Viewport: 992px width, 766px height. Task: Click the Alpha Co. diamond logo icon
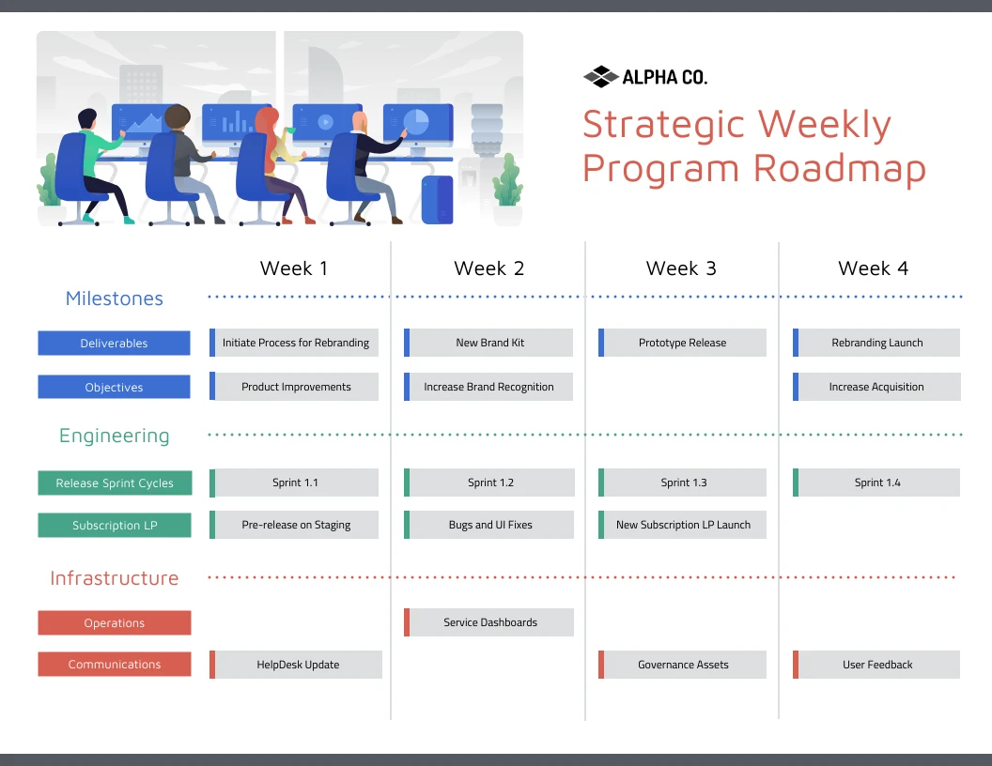[600, 77]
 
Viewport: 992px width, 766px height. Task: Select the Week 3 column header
[681, 268]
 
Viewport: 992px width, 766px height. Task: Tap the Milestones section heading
[115, 299]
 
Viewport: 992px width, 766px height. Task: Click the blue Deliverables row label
[114, 344]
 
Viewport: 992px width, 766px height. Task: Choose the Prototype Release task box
[683, 343]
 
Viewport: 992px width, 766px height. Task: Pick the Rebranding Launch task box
[877, 343]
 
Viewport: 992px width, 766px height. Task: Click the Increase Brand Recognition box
[488, 387]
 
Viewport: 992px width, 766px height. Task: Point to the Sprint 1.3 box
[683, 483]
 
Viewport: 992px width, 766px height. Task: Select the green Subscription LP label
[114, 526]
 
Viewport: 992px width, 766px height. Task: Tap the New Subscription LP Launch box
[683, 525]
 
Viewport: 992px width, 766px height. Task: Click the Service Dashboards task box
[489, 622]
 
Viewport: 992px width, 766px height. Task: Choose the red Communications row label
[114, 665]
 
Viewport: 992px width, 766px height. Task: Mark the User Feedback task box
[877, 665]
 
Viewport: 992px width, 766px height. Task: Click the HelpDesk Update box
[297, 665]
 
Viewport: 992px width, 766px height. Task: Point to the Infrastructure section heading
[114, 578]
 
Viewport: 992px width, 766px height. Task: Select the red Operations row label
[114, 623]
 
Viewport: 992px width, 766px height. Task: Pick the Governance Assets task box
[683, 665]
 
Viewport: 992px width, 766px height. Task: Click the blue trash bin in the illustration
[437, 199]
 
